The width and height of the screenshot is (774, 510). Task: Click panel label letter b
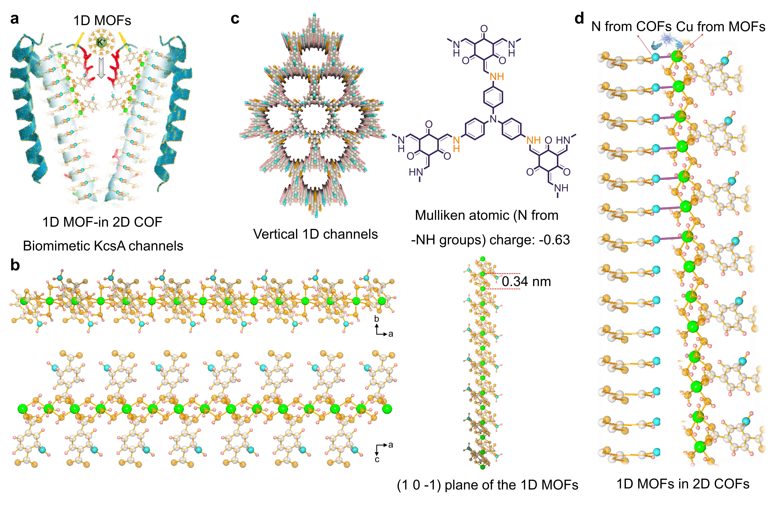pos(15,265)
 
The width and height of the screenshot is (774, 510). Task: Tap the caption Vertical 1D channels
pos(315,234)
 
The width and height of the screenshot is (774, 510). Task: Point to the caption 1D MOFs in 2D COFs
pos(683,484)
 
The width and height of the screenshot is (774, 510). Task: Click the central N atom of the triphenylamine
pos(493,119)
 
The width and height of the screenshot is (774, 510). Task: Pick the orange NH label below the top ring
pos(497,77)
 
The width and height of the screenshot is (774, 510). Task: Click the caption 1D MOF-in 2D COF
pos(102,222)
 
